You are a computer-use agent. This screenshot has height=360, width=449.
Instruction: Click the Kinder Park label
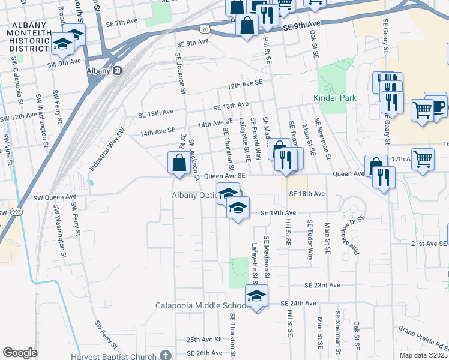click(334, 98)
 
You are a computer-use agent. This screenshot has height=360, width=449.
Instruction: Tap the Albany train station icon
click(118, 70)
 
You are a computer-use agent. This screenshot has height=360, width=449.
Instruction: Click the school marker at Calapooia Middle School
click(257, 296)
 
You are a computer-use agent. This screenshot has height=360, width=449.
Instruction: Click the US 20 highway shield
click(204, 29)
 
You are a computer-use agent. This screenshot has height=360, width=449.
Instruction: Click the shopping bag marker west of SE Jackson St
click(179, 162)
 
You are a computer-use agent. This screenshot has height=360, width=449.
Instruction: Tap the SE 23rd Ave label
click(322, 286)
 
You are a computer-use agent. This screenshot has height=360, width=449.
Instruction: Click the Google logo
click(20, 353)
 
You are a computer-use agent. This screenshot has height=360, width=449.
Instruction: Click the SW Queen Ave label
click(55, 197)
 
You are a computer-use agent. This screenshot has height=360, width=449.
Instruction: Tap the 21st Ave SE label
click(429, 244)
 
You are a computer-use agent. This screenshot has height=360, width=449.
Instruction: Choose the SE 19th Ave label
click(278, 213)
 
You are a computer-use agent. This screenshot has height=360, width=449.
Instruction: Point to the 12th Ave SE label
click(245, 86)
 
